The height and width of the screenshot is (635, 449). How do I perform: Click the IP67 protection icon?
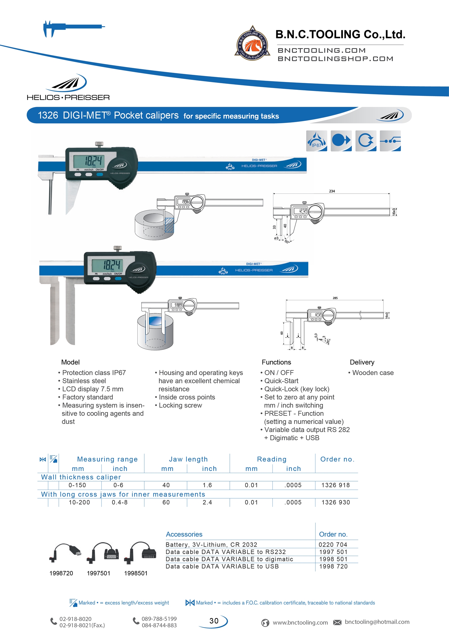[316, 141]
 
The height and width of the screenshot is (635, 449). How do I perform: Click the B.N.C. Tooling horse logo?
[252, 44]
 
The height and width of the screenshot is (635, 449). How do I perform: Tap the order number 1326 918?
[335, 485]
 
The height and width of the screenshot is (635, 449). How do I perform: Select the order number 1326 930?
[336, 502]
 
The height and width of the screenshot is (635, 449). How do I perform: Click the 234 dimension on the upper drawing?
[332, 191]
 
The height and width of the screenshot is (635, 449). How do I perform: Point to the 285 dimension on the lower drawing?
[335, 298]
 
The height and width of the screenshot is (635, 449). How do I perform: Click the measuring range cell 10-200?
[79, 502]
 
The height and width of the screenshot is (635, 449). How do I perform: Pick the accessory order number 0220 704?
[333, 545]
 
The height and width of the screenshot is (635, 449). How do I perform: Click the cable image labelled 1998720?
[65, 553]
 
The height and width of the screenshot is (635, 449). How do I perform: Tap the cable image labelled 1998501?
[140, 553]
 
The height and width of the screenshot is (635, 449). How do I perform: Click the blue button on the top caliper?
[100, 174]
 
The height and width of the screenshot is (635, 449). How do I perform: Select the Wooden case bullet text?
[373, 373]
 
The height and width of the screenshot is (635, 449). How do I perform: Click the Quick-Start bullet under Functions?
[281, 381]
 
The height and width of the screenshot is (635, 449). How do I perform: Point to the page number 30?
[214, 621]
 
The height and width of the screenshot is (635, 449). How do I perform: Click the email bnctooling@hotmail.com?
[377, 622]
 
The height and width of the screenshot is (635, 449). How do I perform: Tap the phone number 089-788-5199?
[159, 619]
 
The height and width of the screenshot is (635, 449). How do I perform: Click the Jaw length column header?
[188, 459]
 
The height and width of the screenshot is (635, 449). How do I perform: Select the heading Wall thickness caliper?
[81, 477]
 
